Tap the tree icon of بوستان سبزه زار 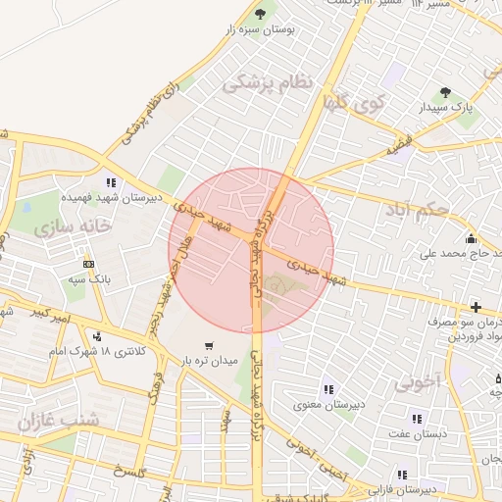260,14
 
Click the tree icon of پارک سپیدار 446,92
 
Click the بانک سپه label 88,279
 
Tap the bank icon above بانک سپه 88,264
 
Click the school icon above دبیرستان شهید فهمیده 111,182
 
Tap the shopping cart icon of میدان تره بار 209,345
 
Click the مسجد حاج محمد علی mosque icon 471,238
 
